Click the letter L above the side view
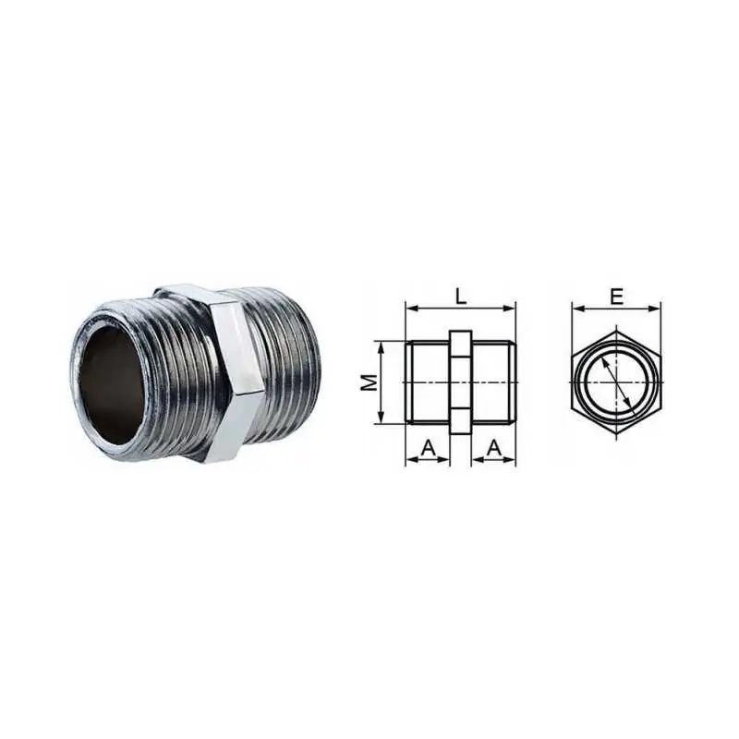[x=460, y=296]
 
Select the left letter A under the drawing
[x=428, y=448]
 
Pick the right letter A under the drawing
[x=493, y=448]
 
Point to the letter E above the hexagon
[x=616, y=297]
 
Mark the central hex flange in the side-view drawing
[x=460, y=382]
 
